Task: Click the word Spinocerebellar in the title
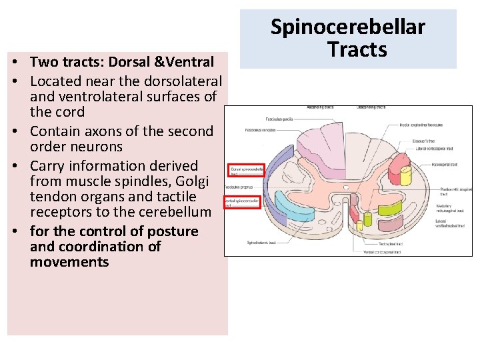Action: click(347, 27)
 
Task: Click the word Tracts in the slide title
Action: click(357, 49)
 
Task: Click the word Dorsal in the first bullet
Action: click(122, 62)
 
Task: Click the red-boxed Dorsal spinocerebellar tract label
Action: click(245, 171)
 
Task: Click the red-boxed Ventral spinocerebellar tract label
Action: click(241, 202)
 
